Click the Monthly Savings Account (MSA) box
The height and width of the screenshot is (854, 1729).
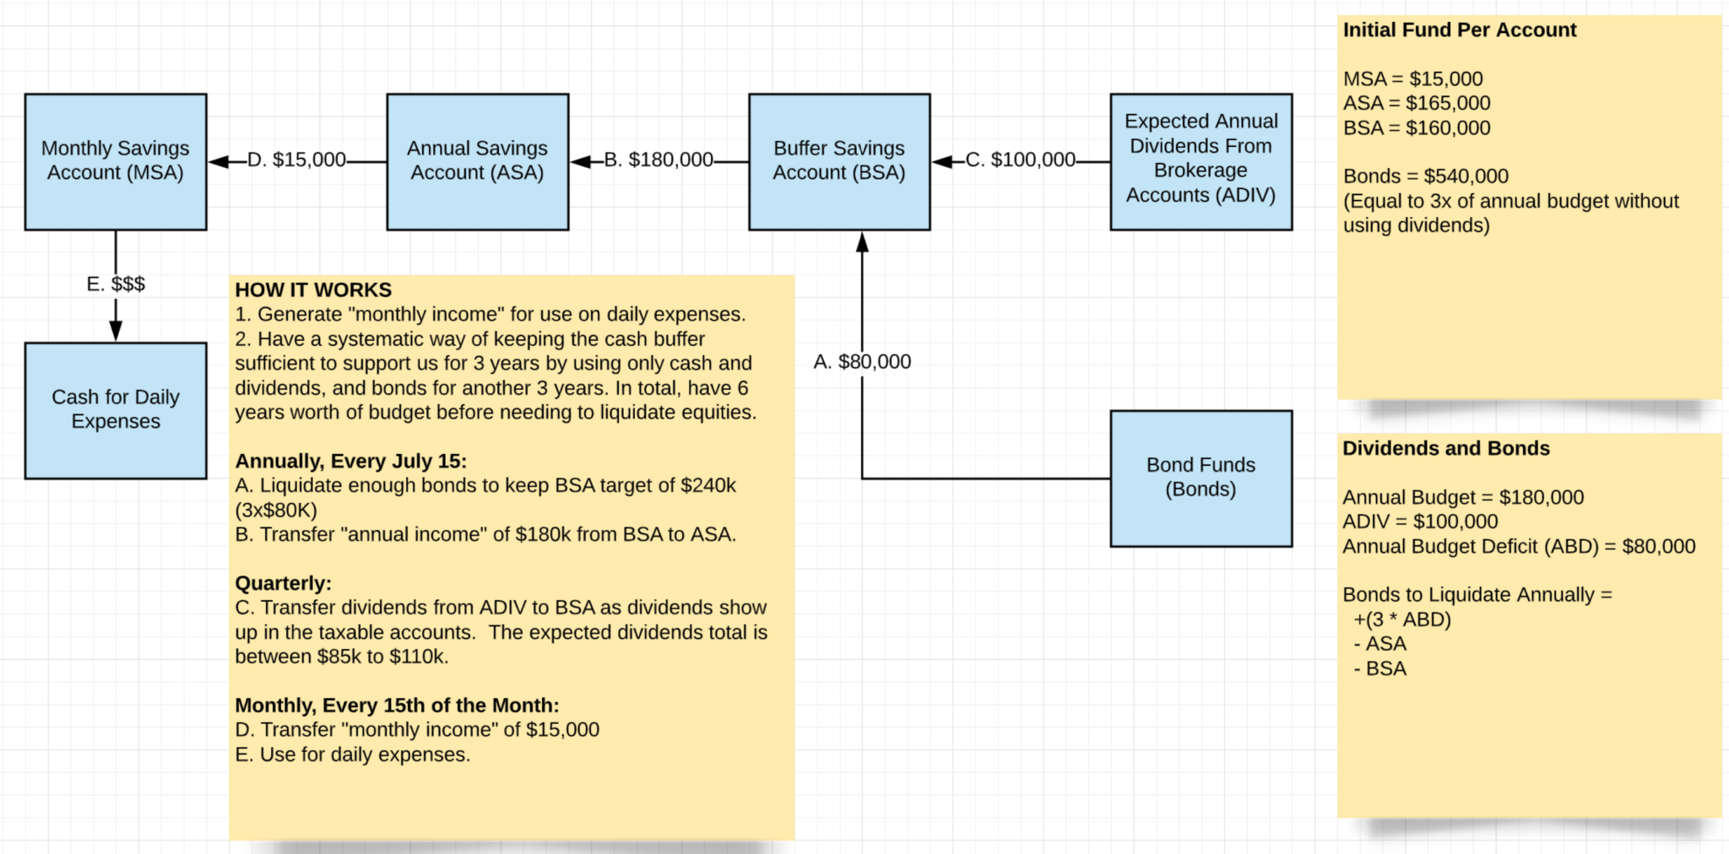pyautogui.click(x=116, y=161)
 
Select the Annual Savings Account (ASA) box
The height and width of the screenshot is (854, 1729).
pyautogui.click(x=478, y=161)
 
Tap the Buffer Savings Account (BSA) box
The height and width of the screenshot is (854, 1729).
pyautogui.click(x=840, y=161)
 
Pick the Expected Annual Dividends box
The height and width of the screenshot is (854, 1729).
pyautogui.click(x=1201, y=161)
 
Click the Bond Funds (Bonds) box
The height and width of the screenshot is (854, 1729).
pyautogui.click(x=1201, y=478)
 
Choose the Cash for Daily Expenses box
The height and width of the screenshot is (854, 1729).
pyautogui.click(x=116, y=410)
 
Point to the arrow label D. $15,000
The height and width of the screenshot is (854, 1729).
pyautogui.click(x=296, y=160)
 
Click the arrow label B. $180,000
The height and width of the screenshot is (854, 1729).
pyautogui.click(x=659, y=160)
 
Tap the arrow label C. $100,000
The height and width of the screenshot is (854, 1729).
pyautogui.click(x=1021, y=160)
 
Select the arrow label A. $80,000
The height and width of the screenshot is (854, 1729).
pyautogui.click(x=862, y=362)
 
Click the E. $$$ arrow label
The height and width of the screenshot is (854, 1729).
pyautogui.click(x=116, y=284)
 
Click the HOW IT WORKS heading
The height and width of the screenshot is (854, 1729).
pyautogui.click(x=313, y=290)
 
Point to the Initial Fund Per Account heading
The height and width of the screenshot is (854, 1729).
pyautogui.click(x=1460, y=30)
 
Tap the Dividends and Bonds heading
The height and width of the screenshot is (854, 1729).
pyautogui.click(x=1446, y=449)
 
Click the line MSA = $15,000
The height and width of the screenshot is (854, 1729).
pyautogui.click(x=1413, y=79)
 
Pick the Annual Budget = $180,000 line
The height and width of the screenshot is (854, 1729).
pyautogui.click(x=1463, y=498)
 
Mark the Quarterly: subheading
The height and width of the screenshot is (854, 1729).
pyautogui.click(x=283, y=584)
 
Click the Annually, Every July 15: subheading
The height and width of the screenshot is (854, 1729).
pyautogui.click(x=350, y=462)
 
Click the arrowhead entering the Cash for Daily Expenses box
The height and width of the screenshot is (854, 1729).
pyautogui.click(x=116, y=331)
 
